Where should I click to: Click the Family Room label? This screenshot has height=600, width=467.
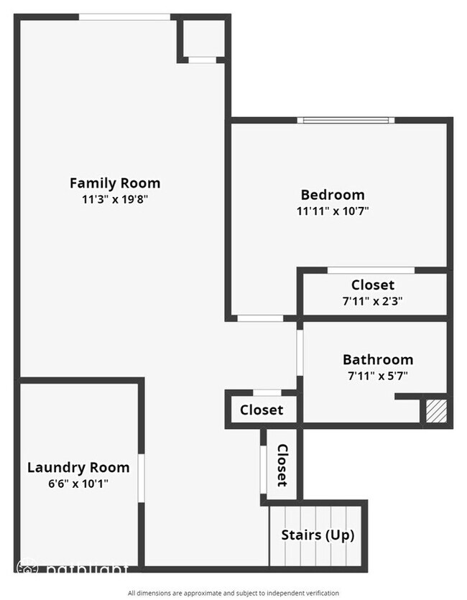[x=115, y=183]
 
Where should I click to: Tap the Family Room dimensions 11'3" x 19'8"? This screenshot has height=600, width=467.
[x=115, y=199]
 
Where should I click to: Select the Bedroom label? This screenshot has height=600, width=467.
[x=332, y=195]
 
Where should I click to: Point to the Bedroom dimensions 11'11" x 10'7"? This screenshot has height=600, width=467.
[x=332, y=211]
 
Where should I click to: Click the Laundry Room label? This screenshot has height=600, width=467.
[x=78, y=468]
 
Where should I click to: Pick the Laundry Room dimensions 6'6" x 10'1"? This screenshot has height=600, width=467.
[x=78, y=484]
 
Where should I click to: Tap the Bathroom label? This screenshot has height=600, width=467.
[x=377, y=359]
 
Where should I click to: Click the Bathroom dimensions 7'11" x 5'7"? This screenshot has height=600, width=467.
[x=377, y=375]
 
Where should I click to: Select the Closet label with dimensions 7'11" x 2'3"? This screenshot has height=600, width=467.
[x=372, y=285]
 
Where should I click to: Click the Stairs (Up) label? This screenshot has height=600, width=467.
[x=318, y=535]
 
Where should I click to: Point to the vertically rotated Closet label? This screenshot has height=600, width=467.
[x=282, y=465]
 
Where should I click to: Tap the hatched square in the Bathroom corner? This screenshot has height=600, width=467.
[x=435, y=411]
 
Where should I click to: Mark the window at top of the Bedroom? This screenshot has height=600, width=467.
[x=346, y=120]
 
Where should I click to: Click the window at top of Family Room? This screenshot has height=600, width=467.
[x=124, y=17]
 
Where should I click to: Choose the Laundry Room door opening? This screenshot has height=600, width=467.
[x=142, y=477]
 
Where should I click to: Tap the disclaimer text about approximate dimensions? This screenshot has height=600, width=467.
[x=233, y=593]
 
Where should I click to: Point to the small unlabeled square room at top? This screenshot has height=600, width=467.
[x=203, y=39]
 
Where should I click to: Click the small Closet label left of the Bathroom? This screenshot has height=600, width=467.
[x=262, y=410]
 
